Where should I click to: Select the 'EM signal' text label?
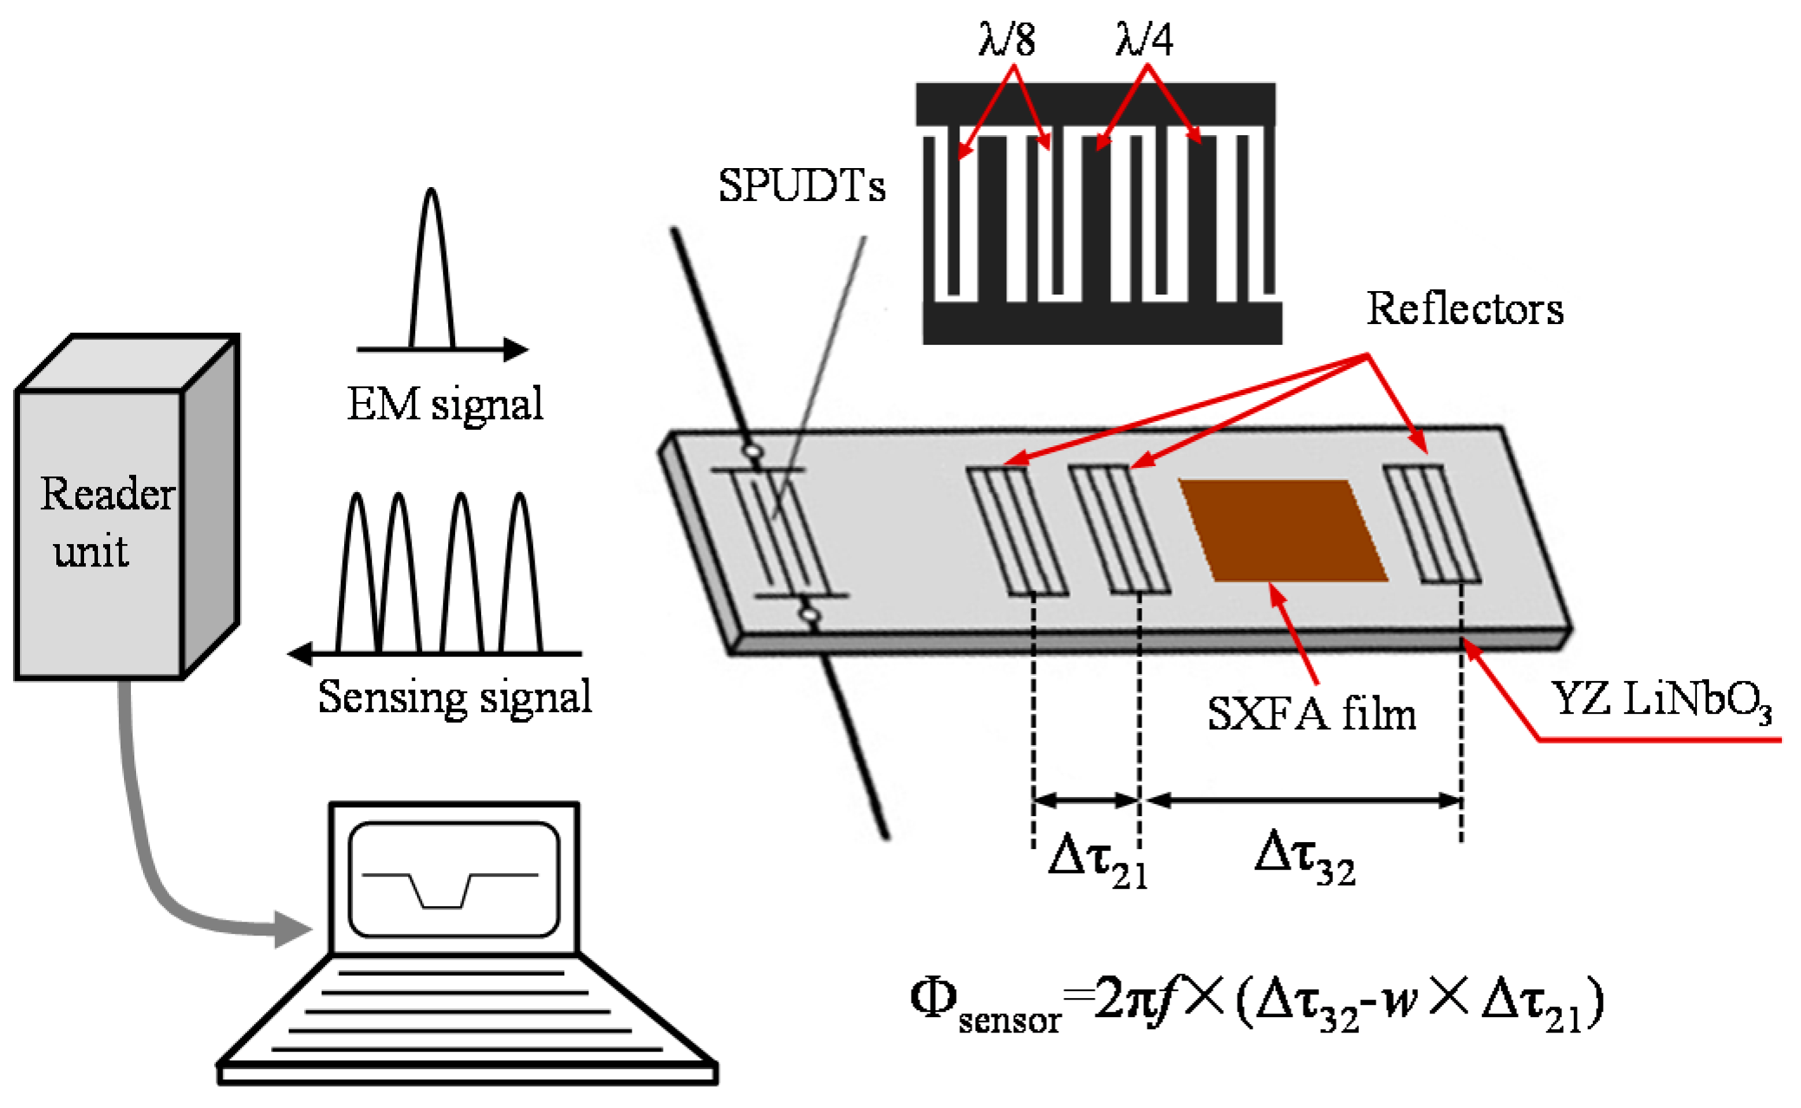445,404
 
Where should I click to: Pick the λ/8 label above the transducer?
1006,40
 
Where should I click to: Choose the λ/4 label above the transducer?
1144,40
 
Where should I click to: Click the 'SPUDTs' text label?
801,185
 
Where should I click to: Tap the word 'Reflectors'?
1465,309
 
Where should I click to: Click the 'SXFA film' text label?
1311,715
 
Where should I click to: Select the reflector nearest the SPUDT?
1016,530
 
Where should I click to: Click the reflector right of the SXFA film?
1431,524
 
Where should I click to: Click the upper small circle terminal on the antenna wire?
751,451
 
